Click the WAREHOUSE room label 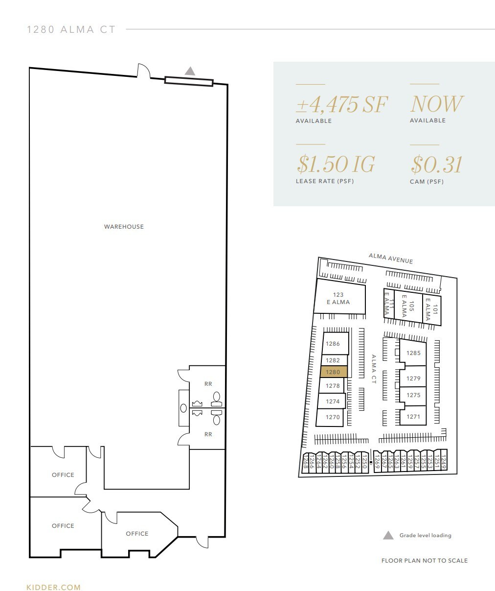124,227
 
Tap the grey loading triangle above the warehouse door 190,71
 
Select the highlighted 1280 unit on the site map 334,372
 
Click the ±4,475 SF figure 341,104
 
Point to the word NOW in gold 436,104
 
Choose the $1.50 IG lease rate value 336,165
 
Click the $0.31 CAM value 436,165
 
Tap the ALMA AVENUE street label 391,258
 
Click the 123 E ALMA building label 338,299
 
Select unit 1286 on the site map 333,344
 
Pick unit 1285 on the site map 413,353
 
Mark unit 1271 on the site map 413,417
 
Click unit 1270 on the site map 333,417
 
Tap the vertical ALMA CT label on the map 373,369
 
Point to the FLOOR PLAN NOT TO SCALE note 424,561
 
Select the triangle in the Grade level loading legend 388,535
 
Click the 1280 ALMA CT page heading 71,30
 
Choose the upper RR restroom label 208,384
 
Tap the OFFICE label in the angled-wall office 137,534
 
